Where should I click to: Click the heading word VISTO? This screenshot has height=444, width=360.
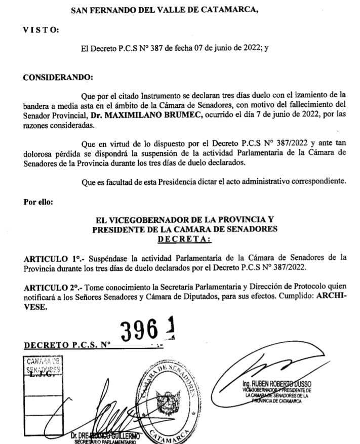point(41,30)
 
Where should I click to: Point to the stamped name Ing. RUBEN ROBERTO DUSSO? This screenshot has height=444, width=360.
point(276,385)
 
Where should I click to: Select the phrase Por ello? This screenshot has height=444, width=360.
point(37,201)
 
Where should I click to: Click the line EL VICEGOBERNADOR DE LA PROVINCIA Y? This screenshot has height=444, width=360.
point(185,220)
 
